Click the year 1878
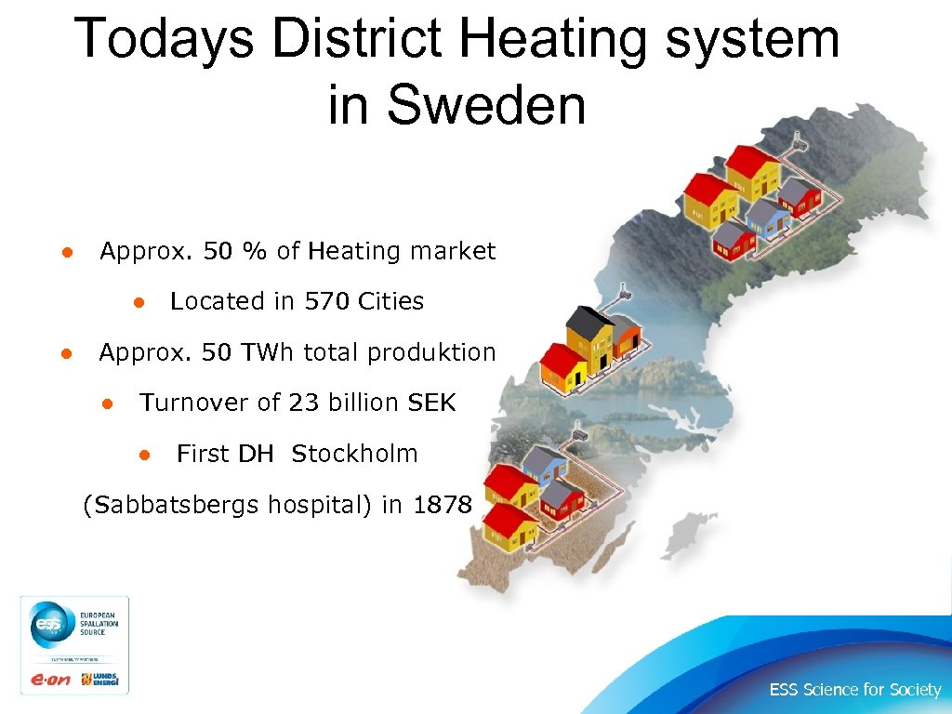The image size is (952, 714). point(443,505)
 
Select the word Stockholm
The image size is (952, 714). point(354,454)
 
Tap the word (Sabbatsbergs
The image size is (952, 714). point(172,506)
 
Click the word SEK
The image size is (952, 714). point(432,403)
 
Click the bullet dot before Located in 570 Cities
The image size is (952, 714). point(137,302)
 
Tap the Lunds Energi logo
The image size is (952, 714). point(102,680)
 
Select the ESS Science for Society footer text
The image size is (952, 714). point(854,690)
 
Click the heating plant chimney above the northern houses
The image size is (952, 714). point(798,145)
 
